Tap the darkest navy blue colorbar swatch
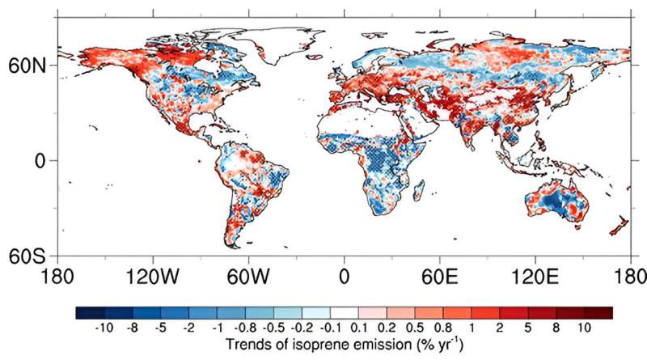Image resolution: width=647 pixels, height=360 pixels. click(89, 312)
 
